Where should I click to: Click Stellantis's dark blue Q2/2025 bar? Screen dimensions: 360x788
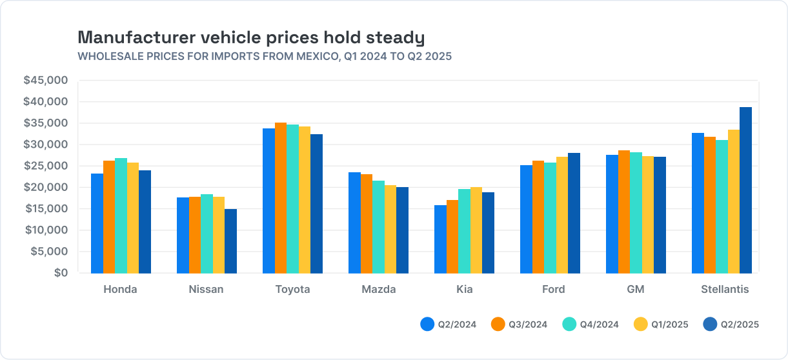tap(745, 190)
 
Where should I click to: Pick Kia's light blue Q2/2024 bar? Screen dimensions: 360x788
tap(440, 239)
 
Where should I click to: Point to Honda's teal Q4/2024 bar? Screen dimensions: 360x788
tap(121, 215)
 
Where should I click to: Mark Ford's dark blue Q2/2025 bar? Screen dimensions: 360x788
tap(574, 213)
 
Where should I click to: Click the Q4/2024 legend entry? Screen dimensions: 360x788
tap(591, 325)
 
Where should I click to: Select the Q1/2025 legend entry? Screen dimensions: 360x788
tap(662, 325)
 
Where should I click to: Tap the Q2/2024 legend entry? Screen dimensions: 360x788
tap(449, 325)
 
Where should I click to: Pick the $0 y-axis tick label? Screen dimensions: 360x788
tap(61, 273)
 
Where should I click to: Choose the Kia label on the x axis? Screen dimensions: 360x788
tap(464, 289)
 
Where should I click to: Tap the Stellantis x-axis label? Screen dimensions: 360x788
tap(725, 289)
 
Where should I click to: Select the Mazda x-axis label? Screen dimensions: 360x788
tap(379, 289)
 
